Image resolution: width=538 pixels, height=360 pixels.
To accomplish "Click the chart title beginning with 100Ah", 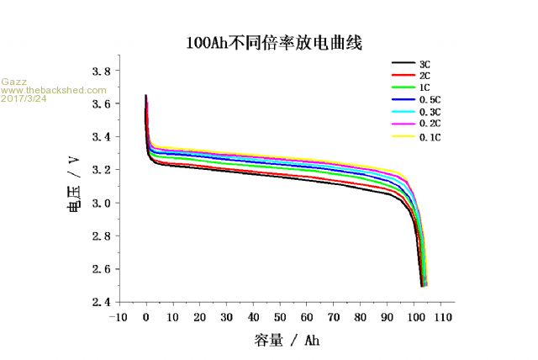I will coord(274,41).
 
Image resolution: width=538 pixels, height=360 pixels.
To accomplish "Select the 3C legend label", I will coord(425,64).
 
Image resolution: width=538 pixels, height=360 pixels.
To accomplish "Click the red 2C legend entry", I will coord(425,76).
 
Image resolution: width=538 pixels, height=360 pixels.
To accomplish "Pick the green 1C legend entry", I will coord(425,87).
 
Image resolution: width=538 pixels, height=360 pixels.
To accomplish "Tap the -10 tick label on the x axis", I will coord(119,317).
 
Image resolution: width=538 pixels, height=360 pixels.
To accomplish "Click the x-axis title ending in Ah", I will coord(286,341).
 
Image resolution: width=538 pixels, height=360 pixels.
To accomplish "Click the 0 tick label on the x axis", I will coord(146,317).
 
